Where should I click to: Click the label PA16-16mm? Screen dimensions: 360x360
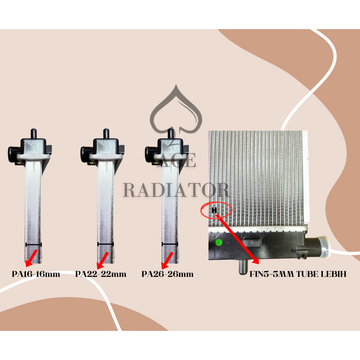[36, 274]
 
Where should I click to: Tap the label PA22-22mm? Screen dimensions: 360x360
[101, 274]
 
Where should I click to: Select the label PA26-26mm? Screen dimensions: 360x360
[167, 274]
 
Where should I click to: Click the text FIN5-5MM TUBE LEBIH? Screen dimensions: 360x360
[298, 274]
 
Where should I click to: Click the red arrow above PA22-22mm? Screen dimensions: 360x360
[102, 260]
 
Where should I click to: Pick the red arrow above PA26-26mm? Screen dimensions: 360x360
[167, 260]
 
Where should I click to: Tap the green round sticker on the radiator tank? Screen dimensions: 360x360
[219, 242]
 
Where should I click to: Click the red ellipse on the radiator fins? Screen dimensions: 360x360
[216, 210]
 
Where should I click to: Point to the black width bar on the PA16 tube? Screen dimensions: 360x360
[33, 244]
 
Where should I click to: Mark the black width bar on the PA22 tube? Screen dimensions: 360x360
[105, 244]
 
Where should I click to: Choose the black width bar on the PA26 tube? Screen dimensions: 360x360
[170, 244]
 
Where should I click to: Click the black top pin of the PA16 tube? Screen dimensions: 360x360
[34, 134]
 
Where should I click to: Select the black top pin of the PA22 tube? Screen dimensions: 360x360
[105, 134]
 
